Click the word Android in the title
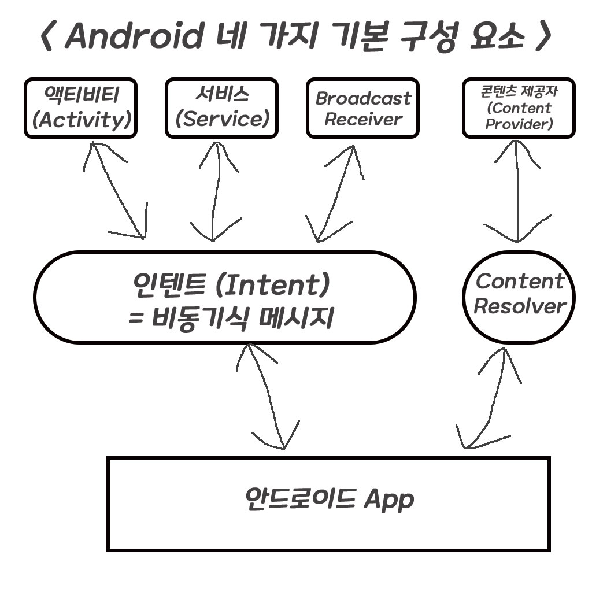pos(134,36)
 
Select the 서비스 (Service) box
pos(221,108)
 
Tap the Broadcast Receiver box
pos(362,108)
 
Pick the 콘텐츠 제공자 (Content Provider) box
pos(519,108)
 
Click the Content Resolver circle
pos(519,294)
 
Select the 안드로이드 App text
pos(328,498)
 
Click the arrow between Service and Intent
pos(213,191)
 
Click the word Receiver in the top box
pos(362,120)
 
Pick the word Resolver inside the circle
pos(519,306)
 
